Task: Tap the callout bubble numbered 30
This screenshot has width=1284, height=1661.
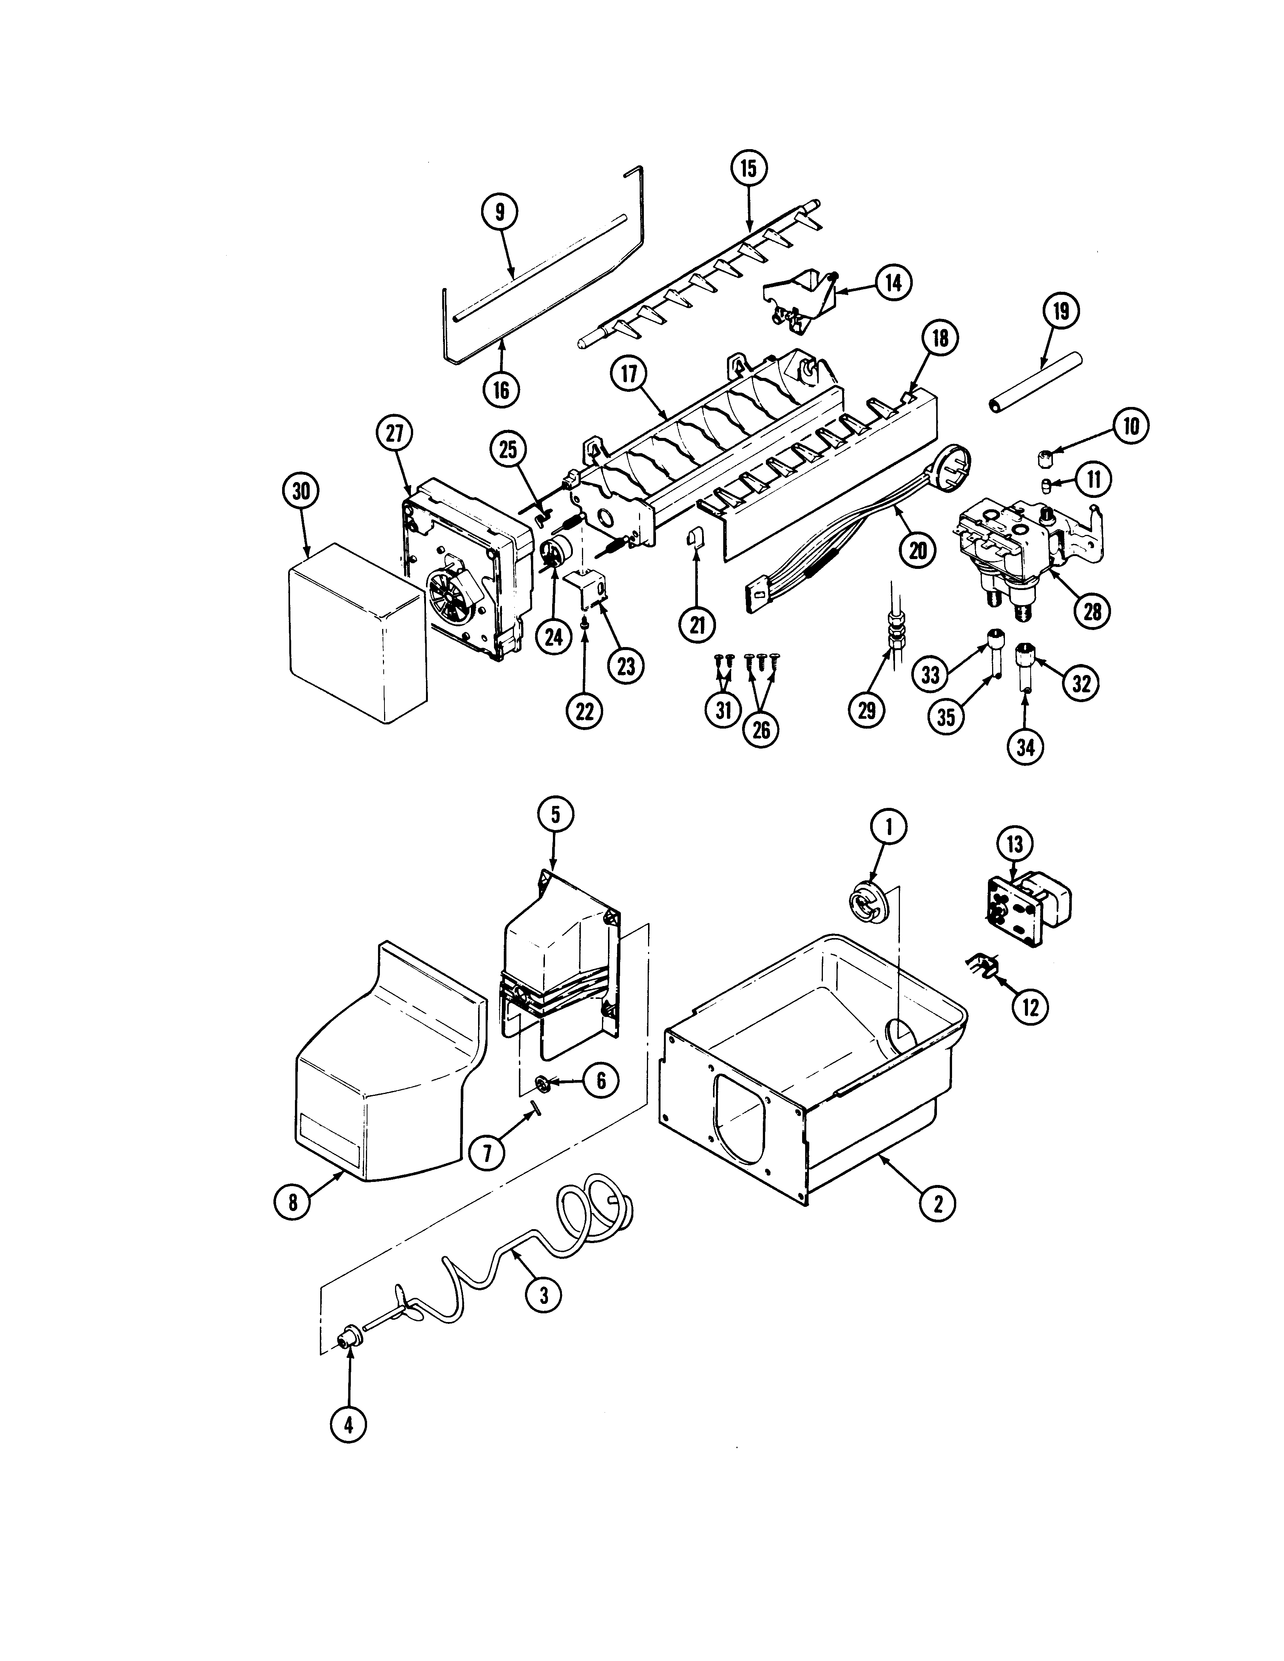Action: click(301, 491)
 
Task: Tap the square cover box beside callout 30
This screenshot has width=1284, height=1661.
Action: click(356, 631)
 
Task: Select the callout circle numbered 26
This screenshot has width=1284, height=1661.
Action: click(761, 729)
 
